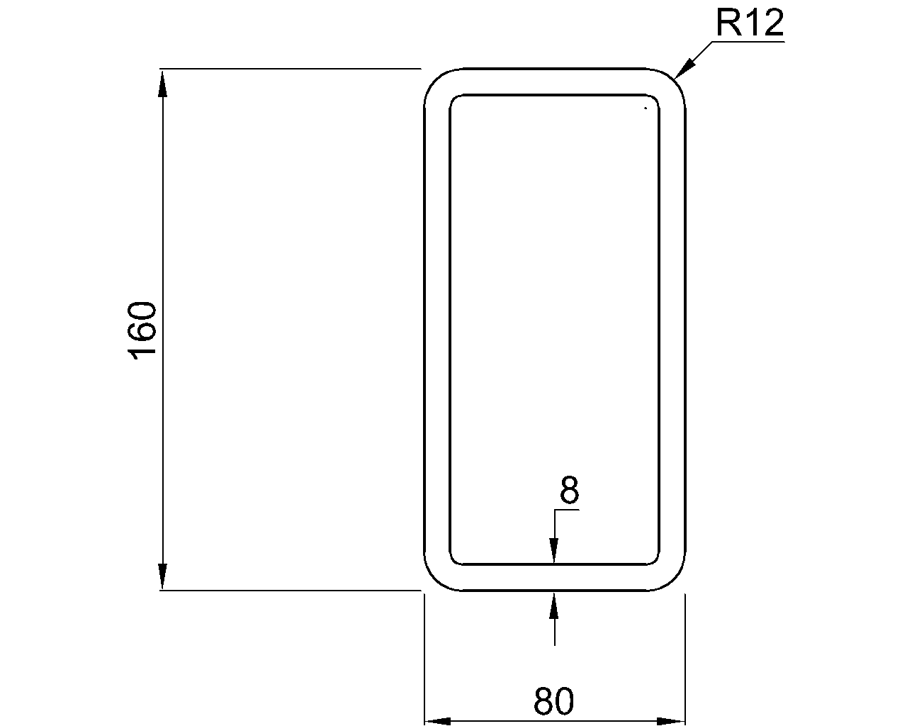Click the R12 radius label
[x=750, y=23]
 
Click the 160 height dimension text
[x=143, y=330]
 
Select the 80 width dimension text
[x=553, y=702]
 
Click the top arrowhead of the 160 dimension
[x=163, y=82]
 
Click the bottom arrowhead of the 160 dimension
[x=163, y=576]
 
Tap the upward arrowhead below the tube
[x=554, y=605]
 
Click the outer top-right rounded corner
[x=674, y=80]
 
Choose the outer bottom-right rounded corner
[x=674, y=579]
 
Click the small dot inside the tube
[x=646, y=108]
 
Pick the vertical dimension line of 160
[x=163, y=213]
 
